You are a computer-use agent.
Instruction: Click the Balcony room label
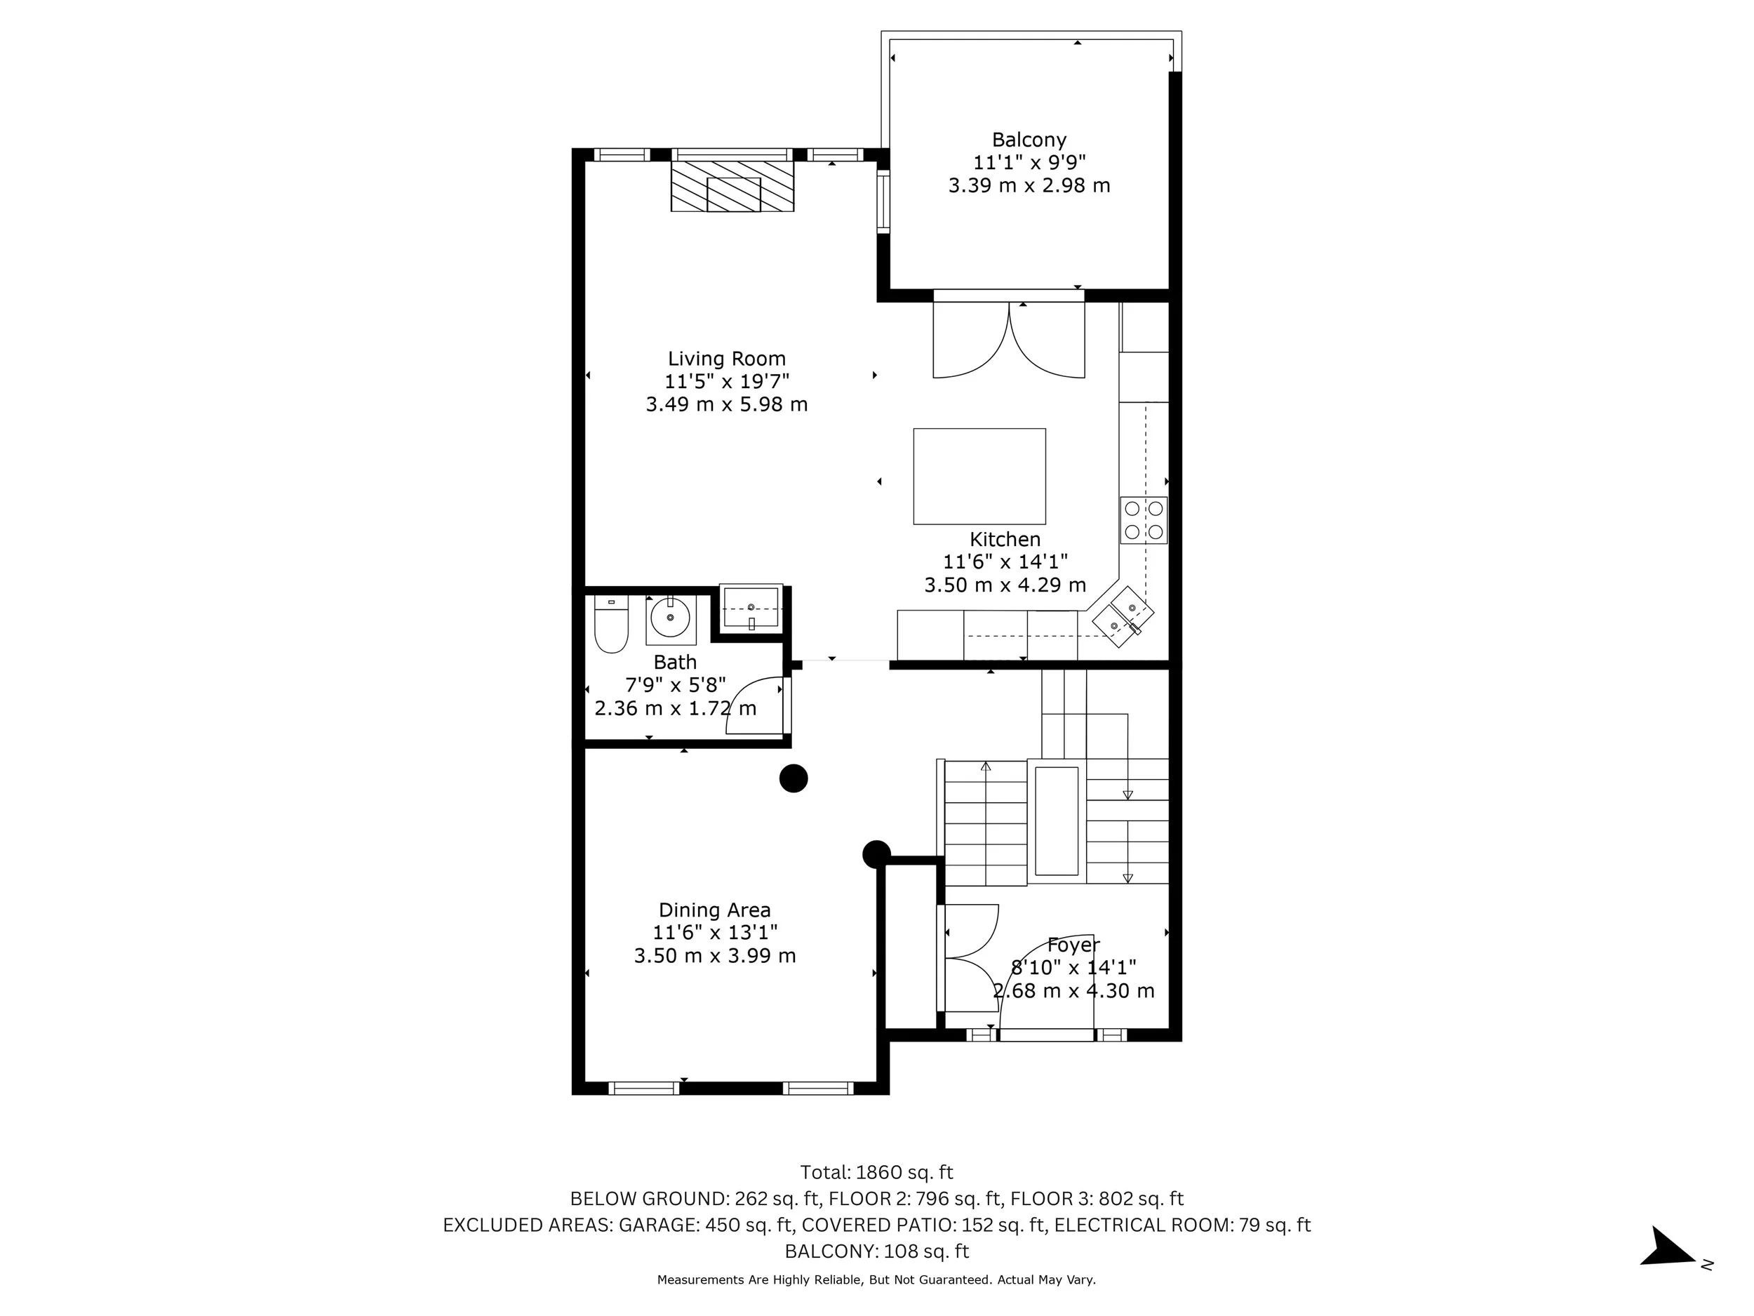(1029, 140)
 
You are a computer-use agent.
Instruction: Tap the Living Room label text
(726, 359)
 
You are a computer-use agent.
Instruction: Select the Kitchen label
(1005, 540)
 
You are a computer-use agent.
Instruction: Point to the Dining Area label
(714, 910)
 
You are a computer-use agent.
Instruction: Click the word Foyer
(1073, 945)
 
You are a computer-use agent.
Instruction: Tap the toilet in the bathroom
(610, 625)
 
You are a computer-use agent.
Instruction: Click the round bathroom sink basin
(671, 618)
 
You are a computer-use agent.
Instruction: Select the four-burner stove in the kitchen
(1144, 520)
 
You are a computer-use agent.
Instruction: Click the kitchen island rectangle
(979, 476)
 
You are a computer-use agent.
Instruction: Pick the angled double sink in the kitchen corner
(1123, 617)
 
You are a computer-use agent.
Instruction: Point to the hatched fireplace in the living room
(732, 187)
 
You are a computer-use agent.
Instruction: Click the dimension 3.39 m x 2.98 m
(1029, 185)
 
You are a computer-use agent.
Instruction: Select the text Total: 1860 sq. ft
(876, 1172)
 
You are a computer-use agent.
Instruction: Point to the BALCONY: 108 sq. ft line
(876, 1251)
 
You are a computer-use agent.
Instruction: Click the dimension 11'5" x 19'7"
(726, 382)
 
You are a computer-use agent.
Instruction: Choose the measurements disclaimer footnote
(876, 1280)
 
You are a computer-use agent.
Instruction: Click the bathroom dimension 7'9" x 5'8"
(675, 684)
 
